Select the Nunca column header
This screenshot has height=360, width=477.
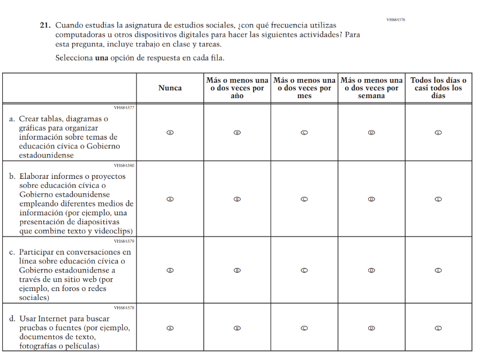click(169, 88)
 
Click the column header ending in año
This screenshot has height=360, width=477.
click(237, 88)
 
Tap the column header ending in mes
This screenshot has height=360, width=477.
click(304, 88)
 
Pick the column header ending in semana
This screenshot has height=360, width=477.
click(371, 88)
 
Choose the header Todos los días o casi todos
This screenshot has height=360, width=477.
click(438, 88)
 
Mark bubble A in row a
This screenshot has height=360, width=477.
click(169, 133)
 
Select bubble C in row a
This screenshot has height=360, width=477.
click(304, 133)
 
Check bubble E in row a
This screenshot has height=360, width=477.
click(438, 133)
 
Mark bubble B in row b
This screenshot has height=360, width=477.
click(237, 199)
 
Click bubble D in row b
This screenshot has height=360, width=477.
click(371, 199)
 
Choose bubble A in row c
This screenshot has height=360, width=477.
click(169, 270)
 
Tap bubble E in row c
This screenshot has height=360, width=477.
click(438, 270)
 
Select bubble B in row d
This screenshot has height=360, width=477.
click(237, 328)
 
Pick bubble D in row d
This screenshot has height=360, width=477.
click(371, 328)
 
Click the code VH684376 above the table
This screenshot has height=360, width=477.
click(396, 20)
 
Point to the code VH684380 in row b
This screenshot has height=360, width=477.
click(124, 165)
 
